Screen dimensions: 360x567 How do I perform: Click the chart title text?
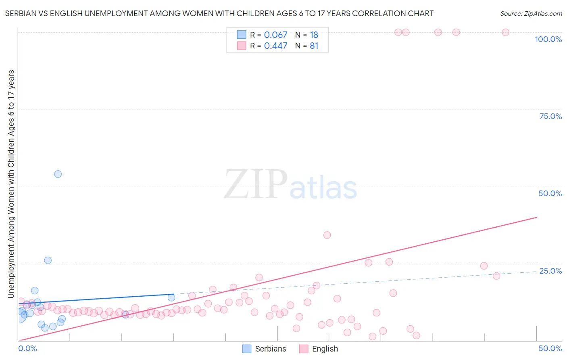click(219, 13)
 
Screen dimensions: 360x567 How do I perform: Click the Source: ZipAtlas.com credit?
click(531, 13)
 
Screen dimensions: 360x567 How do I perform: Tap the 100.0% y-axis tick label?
click(548, 39)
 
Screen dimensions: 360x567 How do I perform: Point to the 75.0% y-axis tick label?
click(550, 116)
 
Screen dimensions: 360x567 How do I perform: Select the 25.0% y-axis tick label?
click(550, 271)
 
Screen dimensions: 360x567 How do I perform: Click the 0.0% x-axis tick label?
click(27, 348)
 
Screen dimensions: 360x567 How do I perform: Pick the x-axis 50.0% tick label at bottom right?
click(550, 348)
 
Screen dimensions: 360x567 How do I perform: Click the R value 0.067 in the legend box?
click(275, 35)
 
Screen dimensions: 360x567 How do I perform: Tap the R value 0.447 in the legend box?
click(275, 46)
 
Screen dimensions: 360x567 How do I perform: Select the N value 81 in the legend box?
click(314, 46)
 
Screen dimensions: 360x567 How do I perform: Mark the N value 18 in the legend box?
click(314, 35)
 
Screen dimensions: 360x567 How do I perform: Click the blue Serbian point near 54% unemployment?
click(58, 174)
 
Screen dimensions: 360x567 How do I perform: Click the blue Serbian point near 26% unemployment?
click(48, 260)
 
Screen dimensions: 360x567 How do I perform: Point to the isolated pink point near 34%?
click(327, 235)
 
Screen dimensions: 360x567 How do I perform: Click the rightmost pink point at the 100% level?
click(505, 32)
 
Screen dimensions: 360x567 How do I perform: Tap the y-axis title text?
click(11, 184)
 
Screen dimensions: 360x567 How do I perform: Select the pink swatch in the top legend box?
click(242, 46)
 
